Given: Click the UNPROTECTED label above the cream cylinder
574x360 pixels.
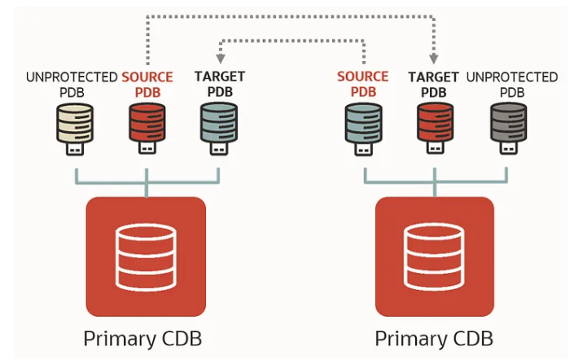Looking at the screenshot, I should [72, 77].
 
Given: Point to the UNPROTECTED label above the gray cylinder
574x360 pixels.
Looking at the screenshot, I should [512, 77].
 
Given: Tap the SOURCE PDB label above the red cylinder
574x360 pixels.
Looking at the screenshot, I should [147, 84].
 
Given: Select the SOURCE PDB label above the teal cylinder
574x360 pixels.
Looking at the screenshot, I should [363, 84].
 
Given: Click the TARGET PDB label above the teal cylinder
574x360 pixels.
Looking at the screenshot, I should [219, 84].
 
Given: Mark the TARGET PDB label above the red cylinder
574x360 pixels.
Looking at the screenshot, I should [434, 84].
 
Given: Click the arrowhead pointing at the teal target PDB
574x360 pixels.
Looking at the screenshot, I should [219, 59].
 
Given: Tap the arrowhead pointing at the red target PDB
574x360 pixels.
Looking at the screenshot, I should [434, 59].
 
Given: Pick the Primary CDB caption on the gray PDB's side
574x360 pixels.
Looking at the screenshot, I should [434, 338].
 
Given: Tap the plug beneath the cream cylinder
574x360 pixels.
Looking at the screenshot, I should [75, 152].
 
